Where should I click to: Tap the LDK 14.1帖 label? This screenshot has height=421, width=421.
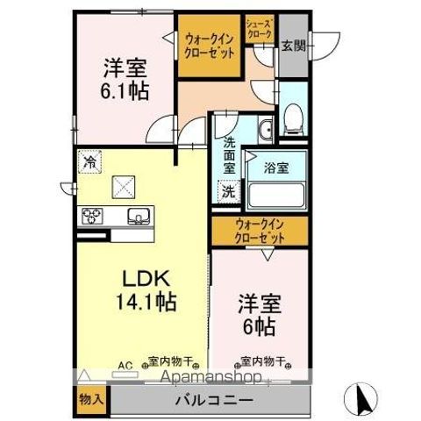tap(143, 290)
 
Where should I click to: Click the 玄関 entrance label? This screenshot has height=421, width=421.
tap(293, 46)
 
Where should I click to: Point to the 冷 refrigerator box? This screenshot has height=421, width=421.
tap(89, 161)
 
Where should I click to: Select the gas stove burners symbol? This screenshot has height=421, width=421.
tap(93, 216)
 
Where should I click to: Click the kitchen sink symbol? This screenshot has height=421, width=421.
tap(139, 215)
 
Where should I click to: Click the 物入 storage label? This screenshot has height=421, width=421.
tap(91, 400)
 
